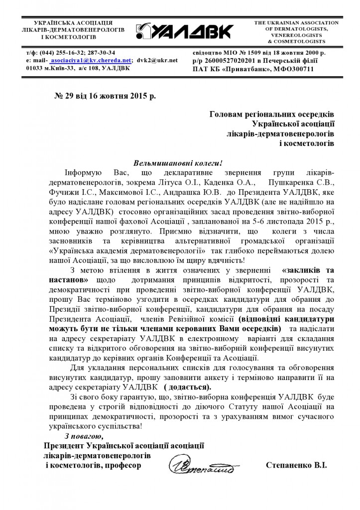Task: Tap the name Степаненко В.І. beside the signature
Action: coord(303,465)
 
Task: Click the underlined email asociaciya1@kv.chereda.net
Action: coord(91,60)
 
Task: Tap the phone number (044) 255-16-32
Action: coord(65,52)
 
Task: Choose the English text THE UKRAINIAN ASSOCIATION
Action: coord(296,22)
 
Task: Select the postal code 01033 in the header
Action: coord(35,68)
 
